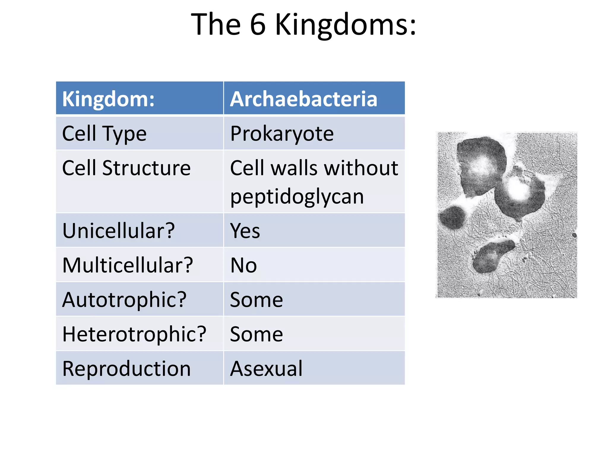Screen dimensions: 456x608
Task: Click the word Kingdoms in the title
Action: (x=346, y=25)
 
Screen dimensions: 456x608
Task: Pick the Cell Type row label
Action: (x=104, y=134)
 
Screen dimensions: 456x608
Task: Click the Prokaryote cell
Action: (x=282, y=134)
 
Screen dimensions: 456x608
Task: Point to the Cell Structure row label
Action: (x=126, y=168)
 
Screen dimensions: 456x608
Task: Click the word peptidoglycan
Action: (x=297, y=197)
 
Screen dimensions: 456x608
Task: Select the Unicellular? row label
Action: (x=118, y=231)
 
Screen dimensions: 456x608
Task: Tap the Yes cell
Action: (x=245, y=231)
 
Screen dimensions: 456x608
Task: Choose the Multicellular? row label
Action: (x=128, y=265)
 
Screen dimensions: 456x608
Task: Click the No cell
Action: (x=243, y=265)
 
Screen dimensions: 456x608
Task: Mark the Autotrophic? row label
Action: (x=124, y=300)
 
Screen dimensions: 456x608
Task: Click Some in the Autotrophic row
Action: (x=256, y=300)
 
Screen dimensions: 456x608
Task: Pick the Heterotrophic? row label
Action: (x=134, y=334)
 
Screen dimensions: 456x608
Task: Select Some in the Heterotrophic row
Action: (x=256, y=334)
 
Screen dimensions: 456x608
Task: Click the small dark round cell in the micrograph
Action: (x=452, y=218)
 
